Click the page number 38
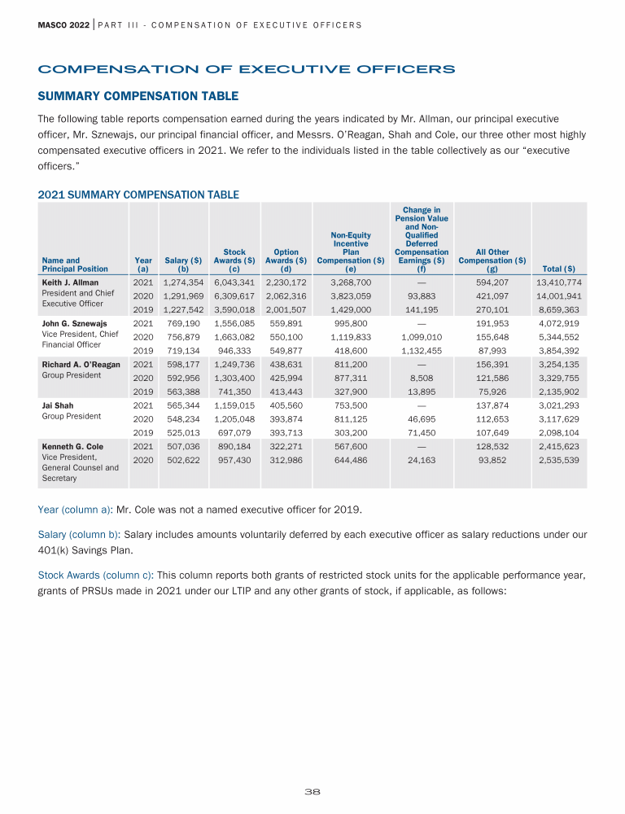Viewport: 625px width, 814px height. pyautogui.click(x=312, y=790)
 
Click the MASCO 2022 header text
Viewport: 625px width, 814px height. pyautogui.click(x=64, y=24)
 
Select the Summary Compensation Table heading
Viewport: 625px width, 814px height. pyautogui.click(x=138, y=96)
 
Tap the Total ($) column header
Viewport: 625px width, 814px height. pyautogui.click(x=558, y=269)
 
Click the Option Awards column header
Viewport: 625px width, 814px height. pyautogui.click(x=286, y=260)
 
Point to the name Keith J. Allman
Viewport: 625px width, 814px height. pyautogui.click(x=70, y=282)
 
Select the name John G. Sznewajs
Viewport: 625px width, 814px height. pyautogui.click(x=74, y=323)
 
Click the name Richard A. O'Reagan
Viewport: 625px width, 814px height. pyautogui.click(x=81, y=364)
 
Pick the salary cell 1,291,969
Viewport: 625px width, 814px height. pyautogui.click(x=183, y=296)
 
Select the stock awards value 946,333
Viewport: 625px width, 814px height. pyautogui.click(x=234, y=351)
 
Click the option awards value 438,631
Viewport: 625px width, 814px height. pyautogui.click(x=286, y=365)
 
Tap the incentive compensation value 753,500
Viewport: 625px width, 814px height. pyautogui.click(x=351, y=405)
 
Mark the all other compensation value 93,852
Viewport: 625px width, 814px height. pyautogui.click(x=492, y=460)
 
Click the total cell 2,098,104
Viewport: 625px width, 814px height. pyautogui.click(x=558, y=432)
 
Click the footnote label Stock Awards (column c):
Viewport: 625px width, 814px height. pyautogui.click(x=98, y=575)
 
